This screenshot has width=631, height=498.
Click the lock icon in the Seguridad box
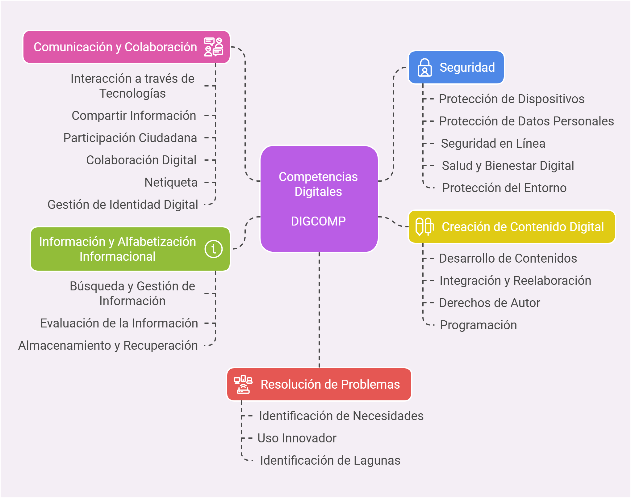pos(424,67)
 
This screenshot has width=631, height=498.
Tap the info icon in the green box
pos(213,249)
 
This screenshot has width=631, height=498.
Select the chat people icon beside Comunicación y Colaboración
pos(213,47)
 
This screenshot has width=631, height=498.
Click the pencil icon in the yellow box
pos(424,227)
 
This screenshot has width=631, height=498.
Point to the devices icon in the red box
pos(243,384)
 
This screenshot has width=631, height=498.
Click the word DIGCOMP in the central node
pos(318,221)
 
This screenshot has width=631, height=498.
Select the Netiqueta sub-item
pos(171,182)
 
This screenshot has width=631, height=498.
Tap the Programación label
pos(478,325)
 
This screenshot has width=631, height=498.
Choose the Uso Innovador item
pos(297,438)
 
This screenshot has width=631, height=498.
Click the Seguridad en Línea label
pos(493,143)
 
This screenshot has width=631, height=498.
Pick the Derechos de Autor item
pos(489,303)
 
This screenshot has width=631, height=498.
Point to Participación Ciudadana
pos(130,138)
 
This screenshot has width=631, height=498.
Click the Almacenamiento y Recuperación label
pos(108,345)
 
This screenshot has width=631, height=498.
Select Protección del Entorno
pos(504,188)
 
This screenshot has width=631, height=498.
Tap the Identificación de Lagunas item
pos(330,460)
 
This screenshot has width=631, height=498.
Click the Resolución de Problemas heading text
pos(330,384)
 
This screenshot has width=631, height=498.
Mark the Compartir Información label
pos(134,116)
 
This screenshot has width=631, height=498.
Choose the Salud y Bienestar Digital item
pos(508,166)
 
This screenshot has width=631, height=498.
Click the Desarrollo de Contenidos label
pos(508,258)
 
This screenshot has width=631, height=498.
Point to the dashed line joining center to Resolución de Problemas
pos(319,309)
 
